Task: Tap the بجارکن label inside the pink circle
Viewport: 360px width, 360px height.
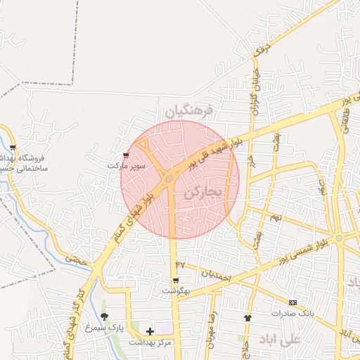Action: tap(205, 191)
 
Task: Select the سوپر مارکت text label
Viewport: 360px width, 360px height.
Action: tap(127, 166)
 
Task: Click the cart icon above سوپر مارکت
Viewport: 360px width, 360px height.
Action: tap(126, 155)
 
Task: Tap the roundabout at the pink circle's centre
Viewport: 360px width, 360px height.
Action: tap(169, 180)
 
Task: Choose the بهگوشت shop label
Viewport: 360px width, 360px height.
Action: tap(176, 290)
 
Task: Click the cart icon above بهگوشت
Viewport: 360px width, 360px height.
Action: tap(176, 279)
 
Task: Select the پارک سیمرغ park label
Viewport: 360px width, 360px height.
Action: tap(104, 328)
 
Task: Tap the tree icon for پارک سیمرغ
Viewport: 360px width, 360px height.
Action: tap(105, 317)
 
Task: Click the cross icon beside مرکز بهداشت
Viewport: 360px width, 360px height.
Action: tap(150, 330)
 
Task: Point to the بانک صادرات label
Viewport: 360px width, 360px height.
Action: tap(290, 314)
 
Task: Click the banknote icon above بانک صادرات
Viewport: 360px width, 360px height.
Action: tap(292, 303)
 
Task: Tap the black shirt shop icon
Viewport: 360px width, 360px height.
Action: tap(247, 318)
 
